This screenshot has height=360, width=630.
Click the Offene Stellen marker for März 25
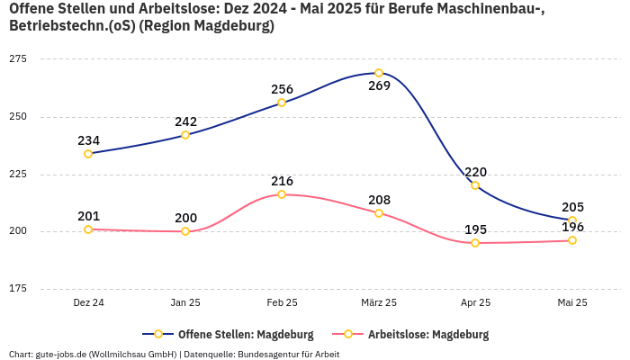(x=379, y=73)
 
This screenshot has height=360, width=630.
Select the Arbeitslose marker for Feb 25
(x=282, y=194)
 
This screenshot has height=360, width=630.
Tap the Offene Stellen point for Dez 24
(x=88, y=154)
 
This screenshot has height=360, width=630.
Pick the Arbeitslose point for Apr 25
(x=475, y=243)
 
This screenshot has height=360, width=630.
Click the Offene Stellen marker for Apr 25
(x=475, y=185)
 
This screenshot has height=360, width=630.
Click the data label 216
(x=282, y=181)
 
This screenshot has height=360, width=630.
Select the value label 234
(x=88, y=140)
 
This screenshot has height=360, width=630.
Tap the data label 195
(x=475, y=229)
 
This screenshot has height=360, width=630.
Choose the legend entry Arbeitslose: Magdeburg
(x=427, y=334)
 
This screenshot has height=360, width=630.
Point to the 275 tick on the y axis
(x=18, y=58)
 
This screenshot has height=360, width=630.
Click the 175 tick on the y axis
(x=18, y=289)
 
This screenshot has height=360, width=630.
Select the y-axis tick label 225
(x=18, y=174)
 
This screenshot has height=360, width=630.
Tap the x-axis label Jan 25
(x=185, y=302)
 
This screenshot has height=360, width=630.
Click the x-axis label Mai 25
(x=571, y=302)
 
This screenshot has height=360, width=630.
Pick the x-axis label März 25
(x=379, y=302)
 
